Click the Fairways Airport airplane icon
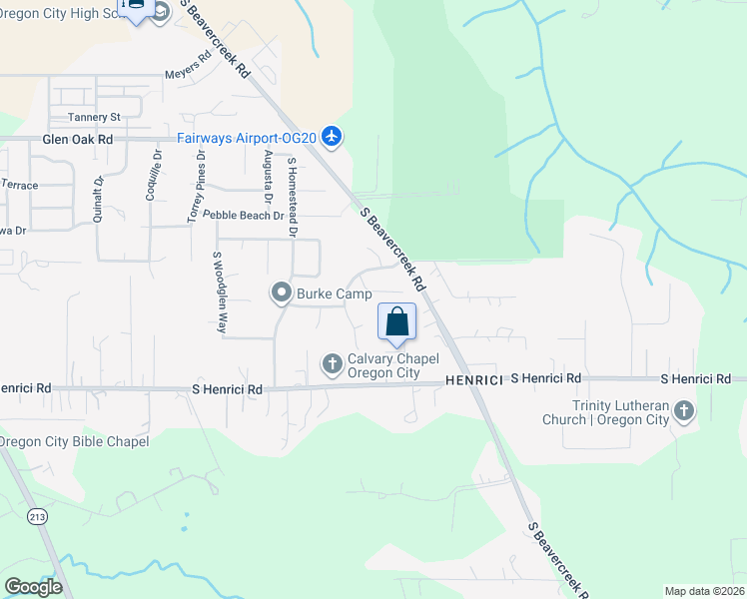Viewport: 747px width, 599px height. click(333, 137)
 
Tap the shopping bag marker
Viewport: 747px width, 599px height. click(396, 321)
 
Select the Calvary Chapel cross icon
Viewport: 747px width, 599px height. click(332, 364)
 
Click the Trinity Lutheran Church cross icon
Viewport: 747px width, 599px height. click(683, 411)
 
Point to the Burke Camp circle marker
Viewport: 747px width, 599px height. click(282, 294)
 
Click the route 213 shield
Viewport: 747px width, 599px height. click(37, 516)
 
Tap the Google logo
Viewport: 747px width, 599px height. click(33, 587)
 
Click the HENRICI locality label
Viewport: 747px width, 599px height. click(472, 379)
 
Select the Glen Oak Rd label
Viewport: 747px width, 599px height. click(78, 141)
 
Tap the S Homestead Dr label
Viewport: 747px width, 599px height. click(293, 196)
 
